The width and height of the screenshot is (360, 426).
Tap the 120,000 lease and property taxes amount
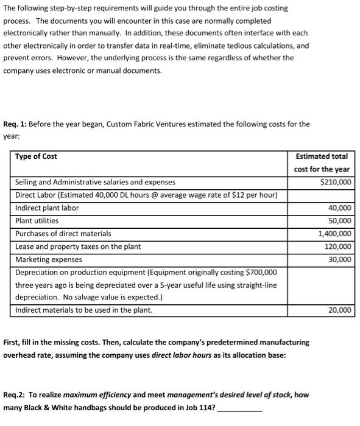pyautogui.click(x=338, y=246)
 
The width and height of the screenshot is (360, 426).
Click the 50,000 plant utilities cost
pyautogui.click(x=340, y=221)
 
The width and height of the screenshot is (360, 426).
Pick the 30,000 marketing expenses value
pyautogui.click(x=340, y=259)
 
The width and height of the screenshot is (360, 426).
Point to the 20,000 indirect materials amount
pyautogui.click(x=340, y=310)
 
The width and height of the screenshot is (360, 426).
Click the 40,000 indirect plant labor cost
pyautogui.click(x=340, y=208)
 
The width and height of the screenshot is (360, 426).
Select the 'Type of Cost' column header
pyautogui.click(x=37, y=156)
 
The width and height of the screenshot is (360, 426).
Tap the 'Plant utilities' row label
pyautogui.click(x=37, y=221)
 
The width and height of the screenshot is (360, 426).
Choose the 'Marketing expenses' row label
pyautogui.click(x=49, y=259)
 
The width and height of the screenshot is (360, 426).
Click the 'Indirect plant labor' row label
pyautogui.click(x=47, y=208)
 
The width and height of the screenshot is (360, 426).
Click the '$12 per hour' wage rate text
pyautogui.click(x=256, y=195)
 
